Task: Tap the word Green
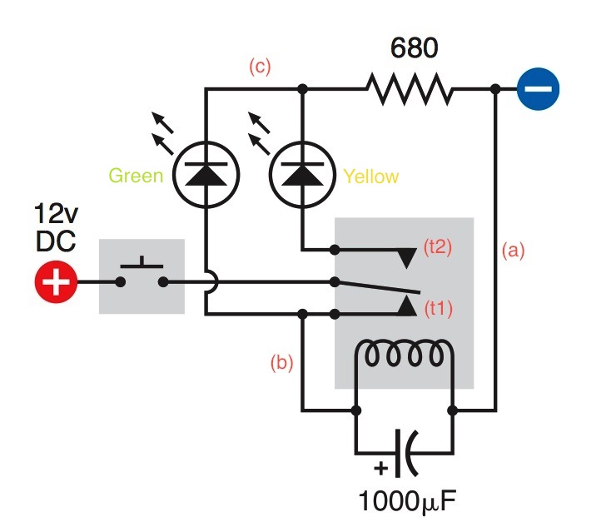(136, 177)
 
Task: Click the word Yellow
(370, 177)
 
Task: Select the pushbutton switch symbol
(142, 276)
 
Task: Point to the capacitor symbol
(405, 452)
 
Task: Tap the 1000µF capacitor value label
(408, 502)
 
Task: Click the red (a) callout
(514, 249)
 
